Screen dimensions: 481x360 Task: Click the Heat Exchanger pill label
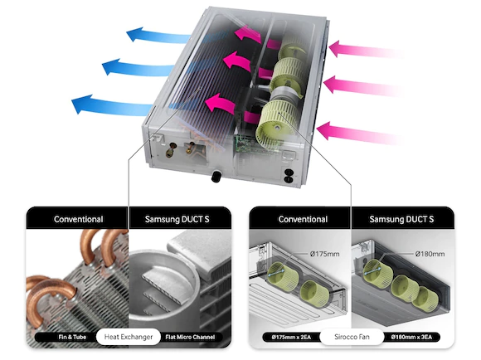pos(129,337)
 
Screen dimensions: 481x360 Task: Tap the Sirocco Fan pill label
pos(352,337)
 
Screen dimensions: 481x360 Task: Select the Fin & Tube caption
pos(72,337)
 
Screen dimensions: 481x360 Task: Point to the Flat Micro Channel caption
pos(190,337)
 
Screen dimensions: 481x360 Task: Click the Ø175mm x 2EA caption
pos(291,337)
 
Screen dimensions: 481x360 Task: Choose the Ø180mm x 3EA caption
pos(411,337)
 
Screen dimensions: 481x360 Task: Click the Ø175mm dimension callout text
pos(324,254)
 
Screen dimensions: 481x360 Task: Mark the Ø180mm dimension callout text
pos(430,254)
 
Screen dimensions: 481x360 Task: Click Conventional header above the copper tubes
pos(78,219)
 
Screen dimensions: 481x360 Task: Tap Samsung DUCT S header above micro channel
pos(177,219)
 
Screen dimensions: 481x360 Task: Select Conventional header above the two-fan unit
pos(303,219)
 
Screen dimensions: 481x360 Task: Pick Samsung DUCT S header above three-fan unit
pos(401,219)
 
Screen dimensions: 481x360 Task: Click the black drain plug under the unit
pos(216,177)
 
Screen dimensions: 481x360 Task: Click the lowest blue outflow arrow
pos(112,105)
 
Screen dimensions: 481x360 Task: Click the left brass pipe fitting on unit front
pos(171,150)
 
